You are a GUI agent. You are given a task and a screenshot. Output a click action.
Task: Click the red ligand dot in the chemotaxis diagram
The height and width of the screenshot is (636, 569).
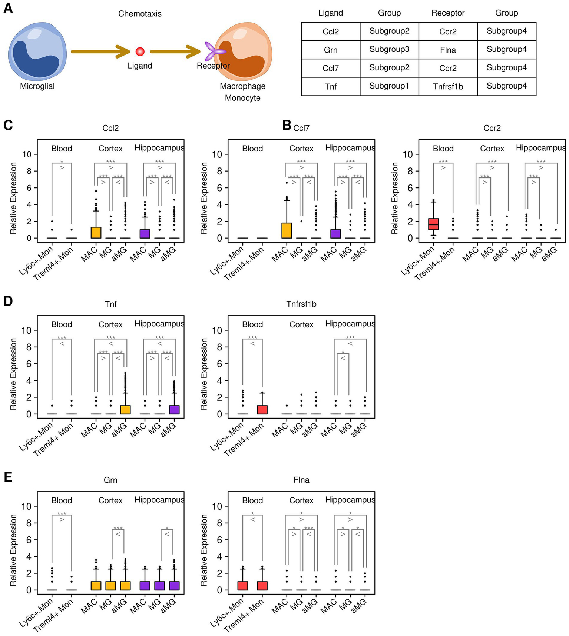coord(140,51)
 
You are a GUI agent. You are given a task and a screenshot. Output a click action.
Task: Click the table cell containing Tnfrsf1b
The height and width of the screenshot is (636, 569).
coord(448,86)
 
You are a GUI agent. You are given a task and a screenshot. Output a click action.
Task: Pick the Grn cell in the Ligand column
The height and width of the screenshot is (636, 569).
coord(330,50)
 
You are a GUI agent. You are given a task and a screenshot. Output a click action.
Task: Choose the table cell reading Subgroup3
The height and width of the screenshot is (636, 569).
coord(389,50)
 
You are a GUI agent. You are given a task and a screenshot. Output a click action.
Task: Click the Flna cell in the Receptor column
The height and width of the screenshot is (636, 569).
coord(448,50)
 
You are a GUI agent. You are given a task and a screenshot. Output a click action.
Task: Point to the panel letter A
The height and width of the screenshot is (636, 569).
coord(8,8)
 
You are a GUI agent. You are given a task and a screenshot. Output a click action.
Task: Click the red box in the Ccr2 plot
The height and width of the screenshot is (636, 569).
coord(433,224)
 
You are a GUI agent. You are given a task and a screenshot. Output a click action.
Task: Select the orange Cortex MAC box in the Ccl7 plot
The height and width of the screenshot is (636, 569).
coord(287,230)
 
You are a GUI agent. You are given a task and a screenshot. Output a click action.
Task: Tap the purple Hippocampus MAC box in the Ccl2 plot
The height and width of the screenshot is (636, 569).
coord(145,234)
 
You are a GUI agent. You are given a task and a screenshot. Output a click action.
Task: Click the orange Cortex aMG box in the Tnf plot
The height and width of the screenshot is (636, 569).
coord(125,410)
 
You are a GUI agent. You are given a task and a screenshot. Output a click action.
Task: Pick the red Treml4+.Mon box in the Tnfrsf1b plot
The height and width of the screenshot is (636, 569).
coord(262,410)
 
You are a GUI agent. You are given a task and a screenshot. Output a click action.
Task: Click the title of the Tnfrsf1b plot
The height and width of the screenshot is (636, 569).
coord(301,304)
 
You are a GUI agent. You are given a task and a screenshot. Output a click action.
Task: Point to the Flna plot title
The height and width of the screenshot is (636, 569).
coord(301,480)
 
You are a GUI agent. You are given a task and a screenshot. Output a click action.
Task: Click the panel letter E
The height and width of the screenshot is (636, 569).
coord(8,477)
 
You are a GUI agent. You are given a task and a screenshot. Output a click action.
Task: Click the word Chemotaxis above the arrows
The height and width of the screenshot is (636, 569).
coord(140,14)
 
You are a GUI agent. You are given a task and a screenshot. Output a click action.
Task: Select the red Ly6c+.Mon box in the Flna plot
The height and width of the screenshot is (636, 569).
coord(242,586)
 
